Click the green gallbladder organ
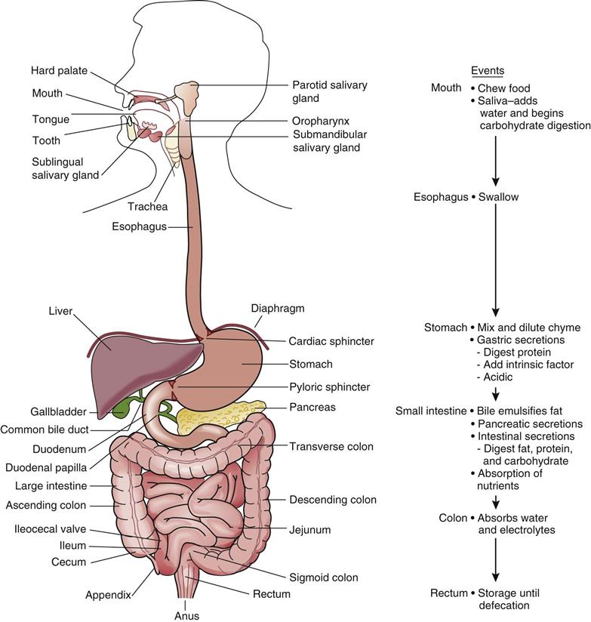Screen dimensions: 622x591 pos(122,405)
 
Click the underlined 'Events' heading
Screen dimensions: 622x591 pos(488,70)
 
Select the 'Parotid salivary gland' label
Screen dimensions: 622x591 pos(330,91)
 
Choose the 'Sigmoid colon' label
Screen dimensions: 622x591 pos(323,578)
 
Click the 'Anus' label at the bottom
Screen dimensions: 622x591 pos(186,615)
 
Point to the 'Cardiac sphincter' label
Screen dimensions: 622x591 pos(331,341)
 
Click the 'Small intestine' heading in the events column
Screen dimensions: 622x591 pos(430,411)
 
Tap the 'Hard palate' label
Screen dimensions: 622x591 pos(60,71)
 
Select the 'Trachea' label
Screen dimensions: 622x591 pos(148,206)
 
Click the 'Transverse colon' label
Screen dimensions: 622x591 pos(331,446)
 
